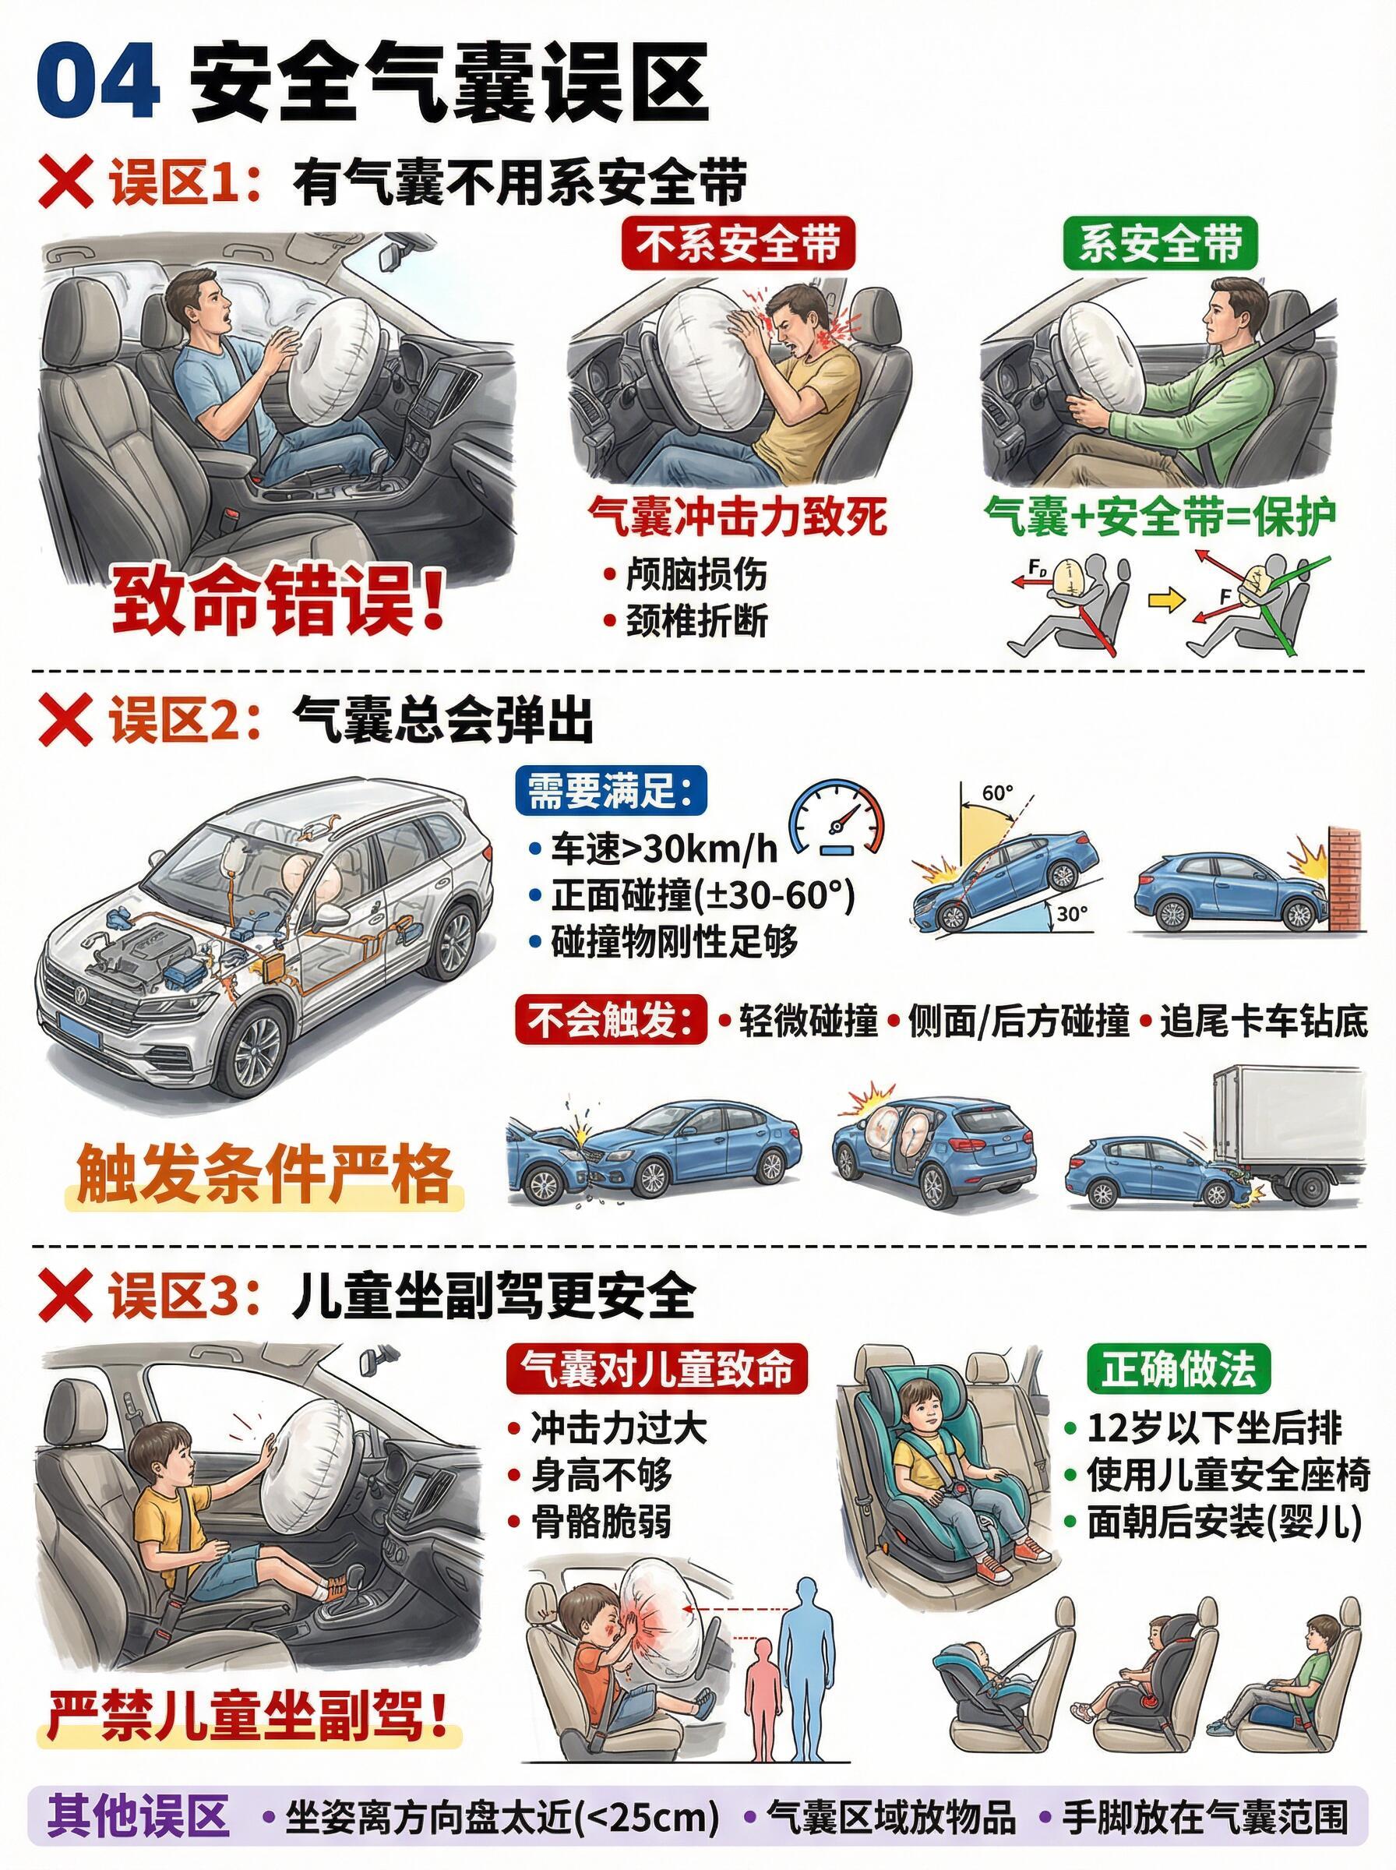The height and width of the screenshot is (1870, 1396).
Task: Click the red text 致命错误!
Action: pos(279,602)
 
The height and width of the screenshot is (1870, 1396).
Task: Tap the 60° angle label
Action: pos(997,792)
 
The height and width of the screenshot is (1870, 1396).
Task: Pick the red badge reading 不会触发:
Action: pos(611,1020)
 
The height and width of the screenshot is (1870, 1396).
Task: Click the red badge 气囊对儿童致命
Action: pos(657,1368)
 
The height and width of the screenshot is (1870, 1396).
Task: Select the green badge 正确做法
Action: pos(1179,1368)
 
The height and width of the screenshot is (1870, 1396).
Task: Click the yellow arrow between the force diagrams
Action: pos(1169,601)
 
